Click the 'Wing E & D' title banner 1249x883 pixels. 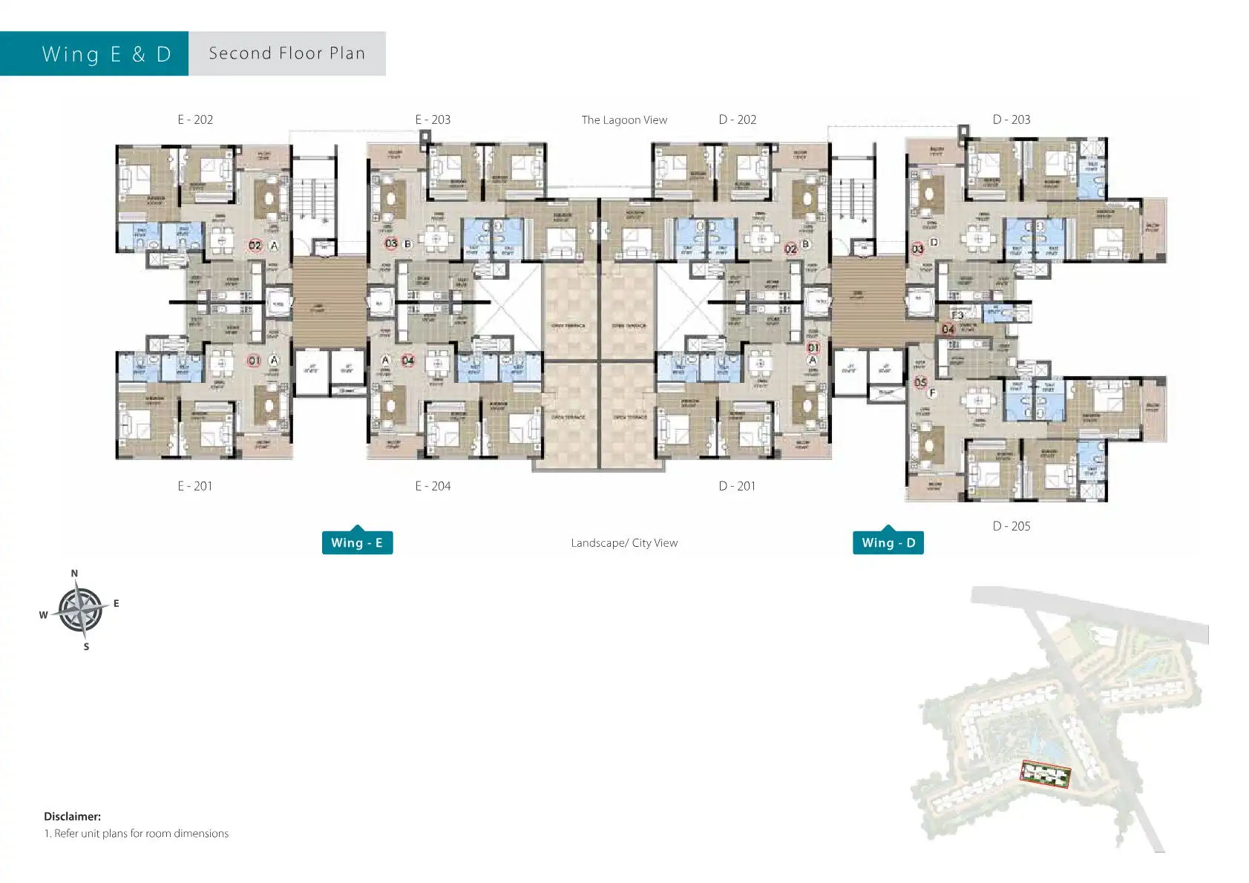[x=106, y=54]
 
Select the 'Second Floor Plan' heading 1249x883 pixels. [x=287, y=53]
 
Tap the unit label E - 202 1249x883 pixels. [x=195, y=119]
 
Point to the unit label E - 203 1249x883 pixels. [x=433, y=119]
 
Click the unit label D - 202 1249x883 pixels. [x=737, y=119]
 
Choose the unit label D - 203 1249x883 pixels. [x=1011, y=119]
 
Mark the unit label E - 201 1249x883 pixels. [x=194, y=486]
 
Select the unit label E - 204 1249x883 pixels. [x=433, y=486]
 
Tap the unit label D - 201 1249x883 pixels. [x=736, y=486]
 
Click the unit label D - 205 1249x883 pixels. [x=1011, y=526]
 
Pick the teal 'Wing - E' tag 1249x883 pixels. [x=357, y=542]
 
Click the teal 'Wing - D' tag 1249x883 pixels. [x=888, y=542]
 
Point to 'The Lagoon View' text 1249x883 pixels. [x=624, y=120]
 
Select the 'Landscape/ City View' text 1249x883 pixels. [x=624, y=543]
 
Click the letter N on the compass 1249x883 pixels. [x=74, y=574]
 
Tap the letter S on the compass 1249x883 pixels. [x=86, y=647]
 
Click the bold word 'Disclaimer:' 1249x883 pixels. [x=72, y=816]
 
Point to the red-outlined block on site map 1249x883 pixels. [x=1045, y=775]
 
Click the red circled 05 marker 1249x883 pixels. [x=920, y=382]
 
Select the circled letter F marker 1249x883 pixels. [x=932, y=393]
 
